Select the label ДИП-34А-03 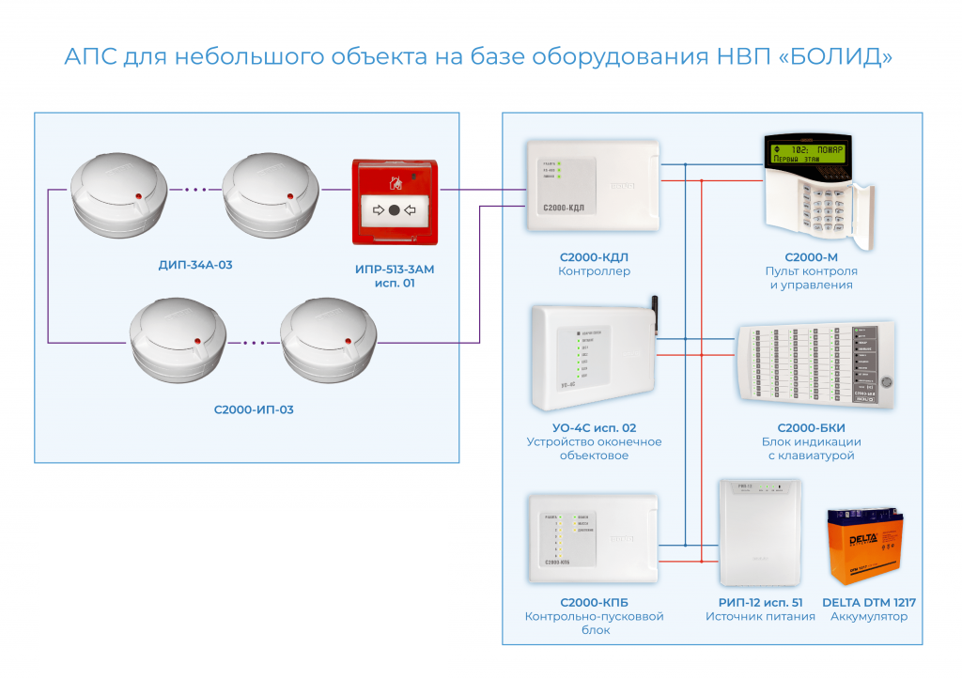pos(195,265)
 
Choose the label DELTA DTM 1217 pos(869,602)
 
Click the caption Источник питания pos(760,617)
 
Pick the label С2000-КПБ pos(594,602)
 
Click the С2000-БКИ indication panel pos(815,366)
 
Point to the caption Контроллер pos(594,271)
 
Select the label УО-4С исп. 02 pos(594,427)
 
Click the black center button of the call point pos(395,209)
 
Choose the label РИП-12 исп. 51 pos(760,602)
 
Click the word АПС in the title pos(90,56)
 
